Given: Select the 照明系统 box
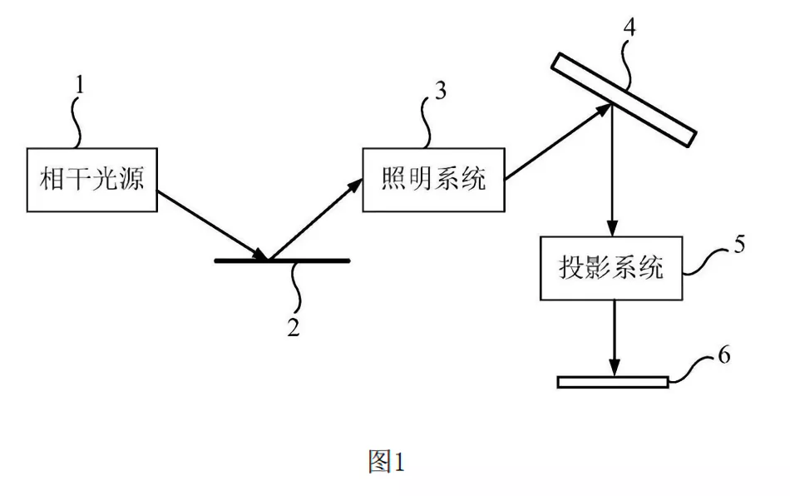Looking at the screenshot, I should pyautogui.click(x=433, y=180).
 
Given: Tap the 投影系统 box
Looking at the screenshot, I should pyautogui.click(x=611, y=268).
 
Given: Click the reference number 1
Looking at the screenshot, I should pyautogui.click(x=81, y=84).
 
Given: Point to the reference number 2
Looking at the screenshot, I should pyautogui.click(x=293, y=327).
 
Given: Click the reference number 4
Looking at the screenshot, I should pyautogui.click(x=630, y=26).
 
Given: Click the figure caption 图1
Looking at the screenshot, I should pyautogui.click(x=386, y=461).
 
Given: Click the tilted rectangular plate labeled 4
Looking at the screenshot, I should pyautogui.click(x=623, y=98).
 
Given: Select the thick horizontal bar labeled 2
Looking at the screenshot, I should pyautogui.click(x=282, y=260).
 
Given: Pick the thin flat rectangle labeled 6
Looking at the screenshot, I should pyautogui.click(x=613, y=382).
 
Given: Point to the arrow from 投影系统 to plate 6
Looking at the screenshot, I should pyautogui.click(x=613, y=337).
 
